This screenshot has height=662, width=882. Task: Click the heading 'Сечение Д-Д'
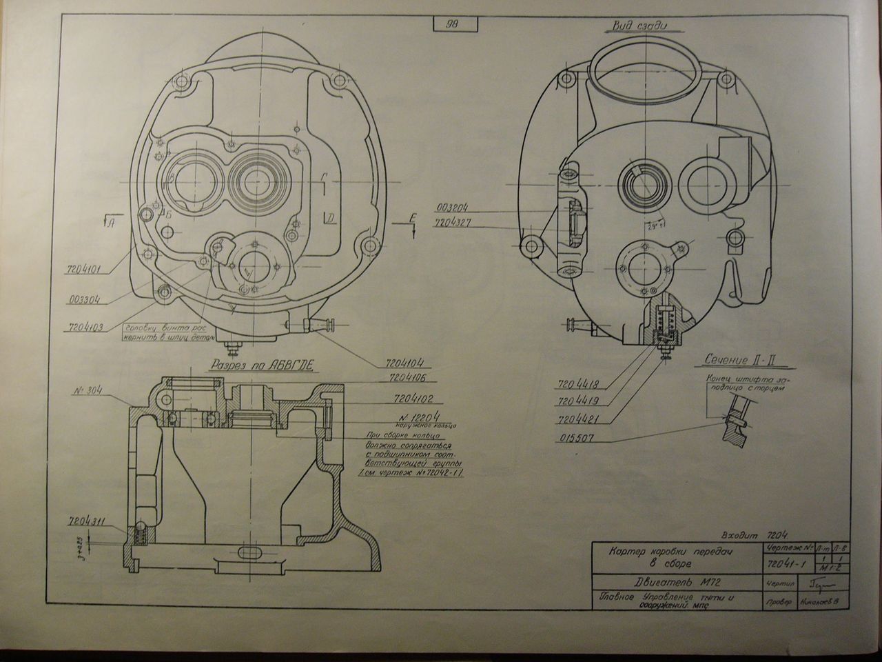(x=737, y=360)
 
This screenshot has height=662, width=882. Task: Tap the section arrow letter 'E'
(x=412, y=218)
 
